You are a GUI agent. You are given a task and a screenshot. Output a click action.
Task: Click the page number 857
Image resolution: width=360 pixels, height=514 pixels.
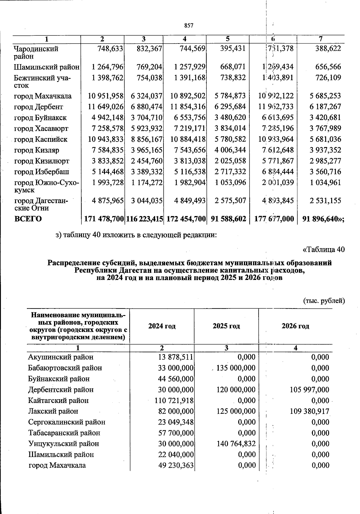189,26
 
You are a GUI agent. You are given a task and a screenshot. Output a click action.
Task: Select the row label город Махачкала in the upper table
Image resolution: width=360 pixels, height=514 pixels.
43,96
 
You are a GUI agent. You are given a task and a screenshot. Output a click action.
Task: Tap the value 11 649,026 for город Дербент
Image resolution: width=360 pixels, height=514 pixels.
106,107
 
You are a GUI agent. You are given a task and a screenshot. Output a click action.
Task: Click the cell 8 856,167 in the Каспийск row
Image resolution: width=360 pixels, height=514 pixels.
147,139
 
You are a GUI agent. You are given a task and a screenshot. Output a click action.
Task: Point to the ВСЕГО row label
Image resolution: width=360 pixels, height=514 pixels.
28,219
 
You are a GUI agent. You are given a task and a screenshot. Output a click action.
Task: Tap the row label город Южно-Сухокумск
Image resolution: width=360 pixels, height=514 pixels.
46,186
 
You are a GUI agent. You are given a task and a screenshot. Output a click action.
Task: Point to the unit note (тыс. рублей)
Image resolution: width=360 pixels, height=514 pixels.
324,300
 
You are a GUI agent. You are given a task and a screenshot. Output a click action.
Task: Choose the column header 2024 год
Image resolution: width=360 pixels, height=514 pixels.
162,326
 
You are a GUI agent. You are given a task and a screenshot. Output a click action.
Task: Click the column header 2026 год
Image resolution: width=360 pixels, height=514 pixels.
295,326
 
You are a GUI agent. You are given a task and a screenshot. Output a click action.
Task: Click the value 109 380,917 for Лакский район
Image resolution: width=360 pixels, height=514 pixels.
309,411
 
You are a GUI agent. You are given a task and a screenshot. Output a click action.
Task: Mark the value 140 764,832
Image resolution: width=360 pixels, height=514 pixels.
236,443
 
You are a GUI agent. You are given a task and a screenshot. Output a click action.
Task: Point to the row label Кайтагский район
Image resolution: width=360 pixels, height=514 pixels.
58,400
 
